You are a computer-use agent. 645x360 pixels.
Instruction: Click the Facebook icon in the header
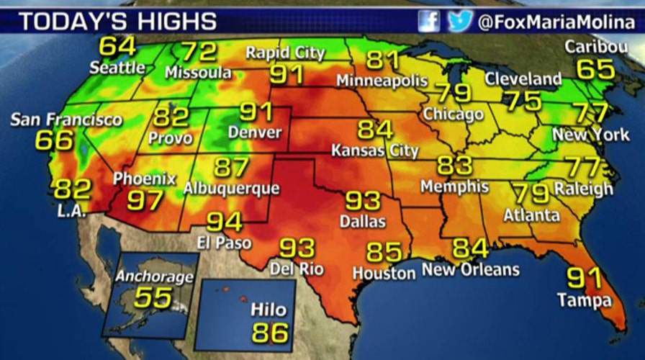[429, 21]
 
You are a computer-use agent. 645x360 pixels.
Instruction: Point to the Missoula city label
[198, 73]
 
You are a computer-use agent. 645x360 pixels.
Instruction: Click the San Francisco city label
[66, 119]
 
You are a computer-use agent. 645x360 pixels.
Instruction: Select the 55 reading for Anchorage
[153, 297]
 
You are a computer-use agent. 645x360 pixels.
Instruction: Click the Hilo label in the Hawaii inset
[269, 310]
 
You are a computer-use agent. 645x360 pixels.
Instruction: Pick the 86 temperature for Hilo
[269, 333]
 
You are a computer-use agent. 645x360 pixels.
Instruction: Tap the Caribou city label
[595, 48]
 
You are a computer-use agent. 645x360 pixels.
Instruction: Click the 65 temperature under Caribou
[595, 69]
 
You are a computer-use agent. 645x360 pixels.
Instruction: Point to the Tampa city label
[585, 300]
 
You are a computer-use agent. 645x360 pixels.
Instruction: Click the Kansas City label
[374, 151]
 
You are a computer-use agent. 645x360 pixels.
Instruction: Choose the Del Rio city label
[297, 270]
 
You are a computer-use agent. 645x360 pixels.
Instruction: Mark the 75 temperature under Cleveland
[523, 101]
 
